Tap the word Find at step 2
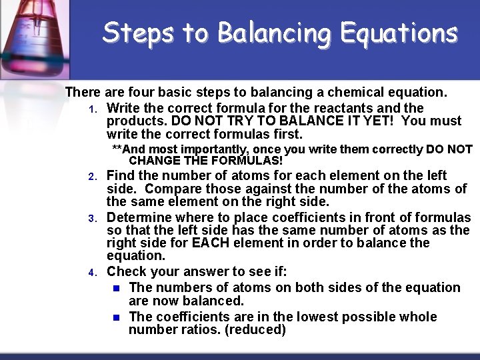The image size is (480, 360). point(119,175)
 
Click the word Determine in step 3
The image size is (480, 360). point(137,217)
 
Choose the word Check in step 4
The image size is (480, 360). point(125,271)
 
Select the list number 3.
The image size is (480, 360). point(94,219)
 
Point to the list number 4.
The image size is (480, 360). point(94,273)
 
